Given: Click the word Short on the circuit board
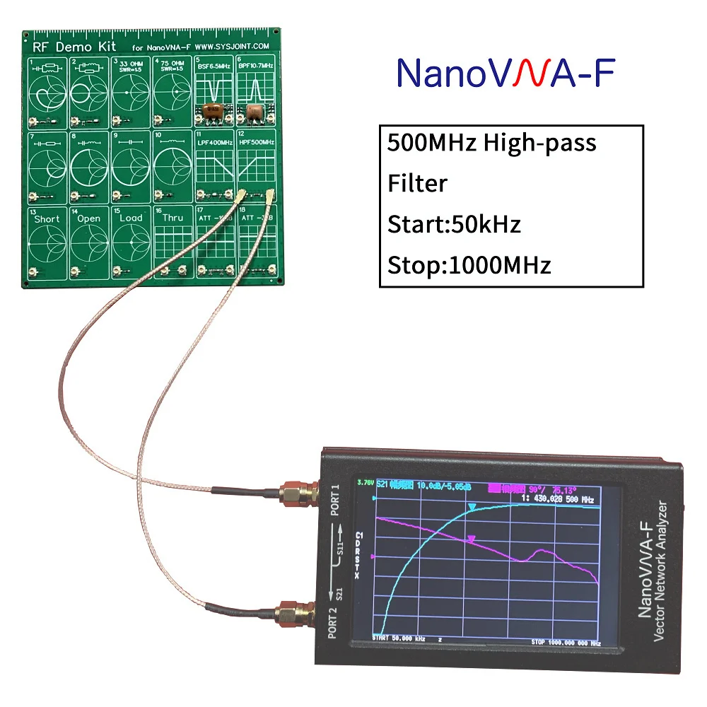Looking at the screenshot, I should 47,218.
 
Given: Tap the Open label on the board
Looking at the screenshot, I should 89,218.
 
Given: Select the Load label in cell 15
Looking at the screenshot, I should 131,218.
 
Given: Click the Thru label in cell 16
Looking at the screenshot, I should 173,218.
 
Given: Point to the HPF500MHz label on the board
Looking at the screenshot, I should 255,143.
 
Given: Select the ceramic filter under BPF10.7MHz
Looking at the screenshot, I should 254,111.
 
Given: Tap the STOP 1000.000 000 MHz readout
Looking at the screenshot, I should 566,643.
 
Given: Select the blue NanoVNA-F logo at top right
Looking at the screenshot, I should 506,74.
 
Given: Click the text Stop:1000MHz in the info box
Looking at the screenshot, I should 469,265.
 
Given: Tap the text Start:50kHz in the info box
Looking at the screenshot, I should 454,224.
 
